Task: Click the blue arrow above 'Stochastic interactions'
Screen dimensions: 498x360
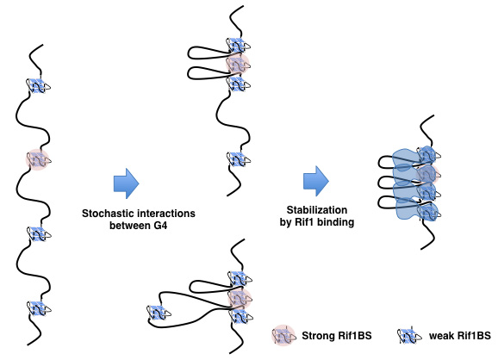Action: (x=126, y=183)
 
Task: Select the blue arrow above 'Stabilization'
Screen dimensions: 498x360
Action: (x=316, y=181)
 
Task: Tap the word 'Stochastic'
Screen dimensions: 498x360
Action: (x=105, y=214)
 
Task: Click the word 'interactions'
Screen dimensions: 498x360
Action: (x=164, y=214)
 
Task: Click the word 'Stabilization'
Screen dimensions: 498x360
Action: (x=317, y=210)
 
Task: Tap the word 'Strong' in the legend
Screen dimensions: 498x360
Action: (x=318, y=336)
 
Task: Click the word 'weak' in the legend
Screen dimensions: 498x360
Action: (x=441, y=336)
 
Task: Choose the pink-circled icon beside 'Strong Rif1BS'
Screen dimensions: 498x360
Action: (x=283, y=335)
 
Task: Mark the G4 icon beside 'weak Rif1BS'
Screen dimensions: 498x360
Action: (x=409, y=336)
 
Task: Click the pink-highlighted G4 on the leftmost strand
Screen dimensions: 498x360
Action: (x=38, y=159)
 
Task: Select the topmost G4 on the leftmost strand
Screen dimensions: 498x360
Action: (x=38, y=86)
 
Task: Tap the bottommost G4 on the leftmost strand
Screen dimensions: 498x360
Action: (x=39, y=308)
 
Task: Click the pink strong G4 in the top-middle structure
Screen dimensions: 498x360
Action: (x=238, y=65)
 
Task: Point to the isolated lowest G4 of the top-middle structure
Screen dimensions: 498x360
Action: (x=238, y=159)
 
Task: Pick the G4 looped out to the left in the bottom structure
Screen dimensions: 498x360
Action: (x=159, y=313)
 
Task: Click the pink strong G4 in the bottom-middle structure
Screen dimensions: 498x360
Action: (x=240, y=298)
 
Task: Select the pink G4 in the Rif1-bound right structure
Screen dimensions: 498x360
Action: (x=428, y=174)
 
